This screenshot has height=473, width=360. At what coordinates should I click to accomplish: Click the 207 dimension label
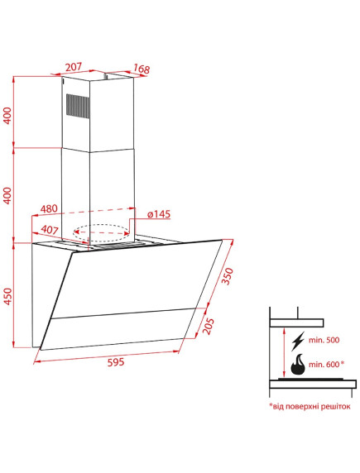(x=74, y=67)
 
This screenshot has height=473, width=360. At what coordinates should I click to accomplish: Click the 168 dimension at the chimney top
(x=142, y=69)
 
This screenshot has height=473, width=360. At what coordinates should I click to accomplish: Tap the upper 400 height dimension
(x=7, y=116)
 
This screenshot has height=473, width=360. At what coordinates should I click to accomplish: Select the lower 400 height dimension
(x=7, y=195)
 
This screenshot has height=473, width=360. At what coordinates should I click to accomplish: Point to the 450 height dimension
(x=7, y=296)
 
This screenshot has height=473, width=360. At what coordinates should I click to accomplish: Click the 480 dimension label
(x=49, y=208)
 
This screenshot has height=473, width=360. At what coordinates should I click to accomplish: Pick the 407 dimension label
(x=49, y=230)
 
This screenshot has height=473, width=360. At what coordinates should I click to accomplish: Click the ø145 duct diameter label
(x=159, y=214)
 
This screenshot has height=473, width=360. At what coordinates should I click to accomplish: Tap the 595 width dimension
(x=116, y=361)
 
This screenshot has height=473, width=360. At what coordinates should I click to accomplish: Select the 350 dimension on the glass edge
(x=228, y=275)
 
